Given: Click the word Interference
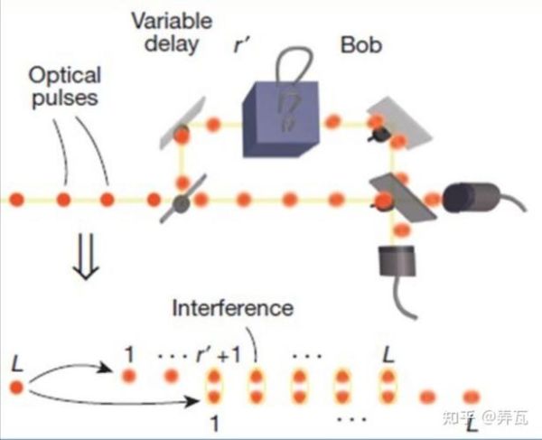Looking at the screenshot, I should (x=233, y=308).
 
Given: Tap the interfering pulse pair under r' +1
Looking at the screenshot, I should (x=215, y=387).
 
